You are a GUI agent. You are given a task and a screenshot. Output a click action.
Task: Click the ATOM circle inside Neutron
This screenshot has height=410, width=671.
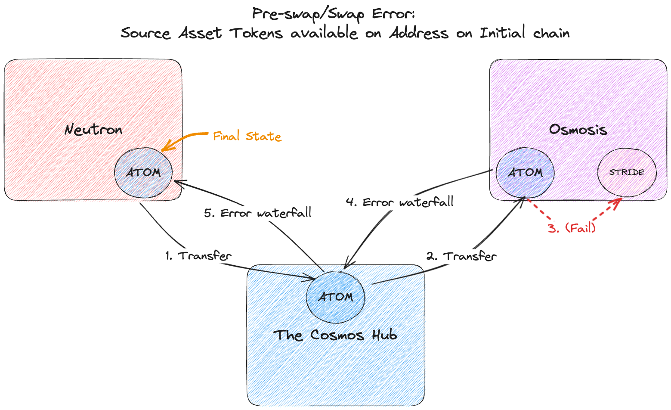[143, 172]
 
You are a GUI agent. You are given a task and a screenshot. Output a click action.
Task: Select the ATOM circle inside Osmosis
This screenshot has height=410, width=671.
[525, 172]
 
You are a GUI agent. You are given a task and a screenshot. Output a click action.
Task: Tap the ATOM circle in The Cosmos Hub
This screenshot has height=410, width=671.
[335, 297]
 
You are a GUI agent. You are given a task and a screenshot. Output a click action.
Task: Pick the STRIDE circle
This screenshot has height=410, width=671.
[627, 172]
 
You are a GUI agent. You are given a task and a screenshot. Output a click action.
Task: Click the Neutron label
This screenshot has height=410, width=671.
[93, 130]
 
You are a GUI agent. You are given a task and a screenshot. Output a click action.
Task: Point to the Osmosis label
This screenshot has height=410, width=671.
[578, 130]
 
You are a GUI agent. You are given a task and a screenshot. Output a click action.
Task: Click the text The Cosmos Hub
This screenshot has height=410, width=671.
[335, 335]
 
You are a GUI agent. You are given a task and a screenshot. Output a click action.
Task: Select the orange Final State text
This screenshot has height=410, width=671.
[247, 137]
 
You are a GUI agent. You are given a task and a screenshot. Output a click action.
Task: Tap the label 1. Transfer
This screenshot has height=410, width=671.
[198, 256]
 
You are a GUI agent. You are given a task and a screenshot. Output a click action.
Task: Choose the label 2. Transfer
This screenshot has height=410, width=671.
[461, 256]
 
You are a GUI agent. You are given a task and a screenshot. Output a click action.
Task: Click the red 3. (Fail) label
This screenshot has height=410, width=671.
[572, 227]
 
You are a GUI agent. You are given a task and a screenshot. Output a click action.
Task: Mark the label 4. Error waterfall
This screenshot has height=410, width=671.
[399, 202]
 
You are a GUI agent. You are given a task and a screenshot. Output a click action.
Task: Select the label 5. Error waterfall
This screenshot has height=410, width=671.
[257, 213]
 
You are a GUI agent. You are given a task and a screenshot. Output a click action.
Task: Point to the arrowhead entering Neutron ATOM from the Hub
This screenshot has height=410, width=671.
[177, 183]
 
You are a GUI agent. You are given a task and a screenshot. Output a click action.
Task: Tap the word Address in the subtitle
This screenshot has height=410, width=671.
[418, 33]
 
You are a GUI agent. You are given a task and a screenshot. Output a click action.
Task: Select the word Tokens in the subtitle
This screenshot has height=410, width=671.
[256, 33]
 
